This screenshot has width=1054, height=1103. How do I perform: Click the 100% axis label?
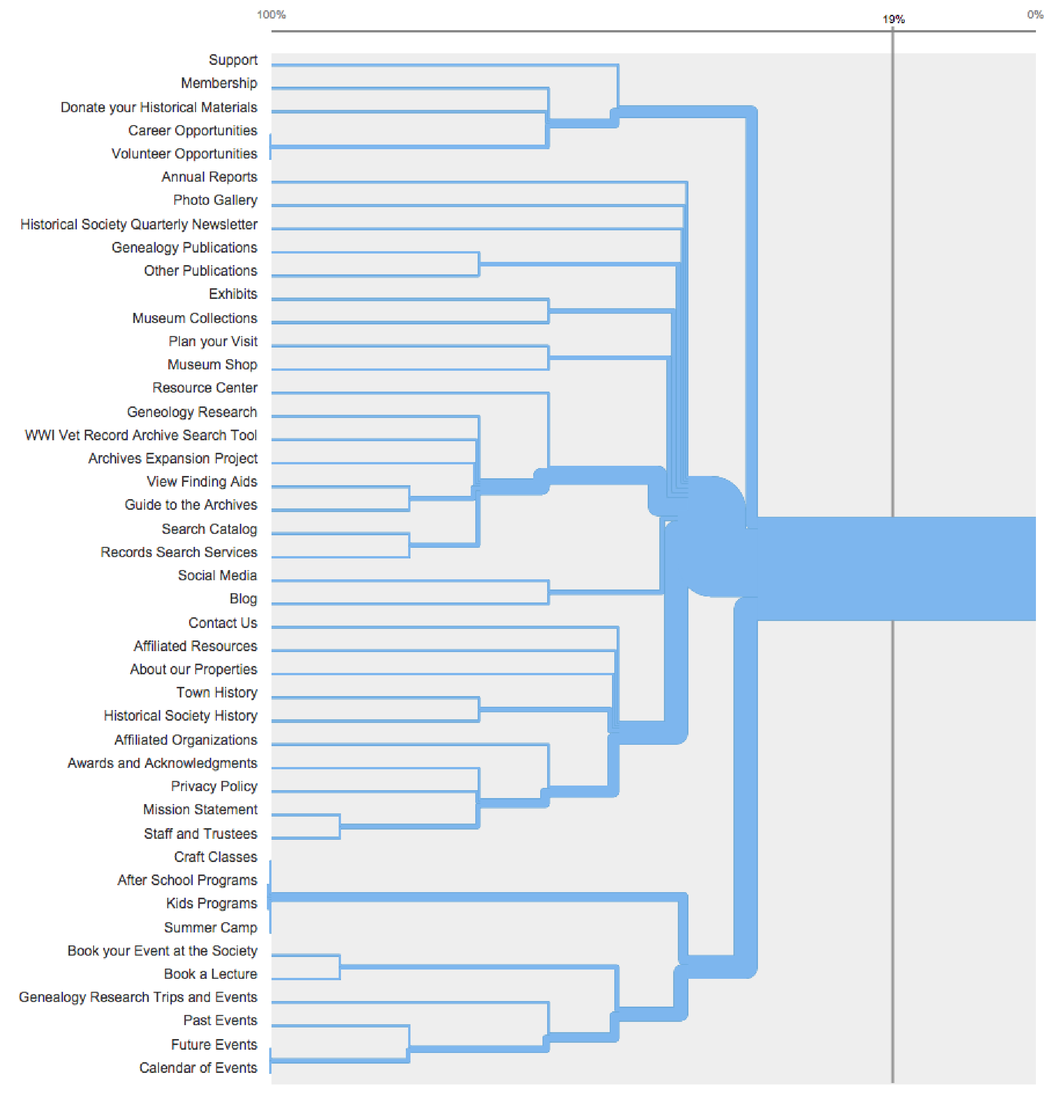271,15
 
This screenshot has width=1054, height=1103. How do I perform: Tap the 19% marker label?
893,19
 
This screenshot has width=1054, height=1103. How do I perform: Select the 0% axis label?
1035,15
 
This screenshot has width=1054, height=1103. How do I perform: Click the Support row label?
233,60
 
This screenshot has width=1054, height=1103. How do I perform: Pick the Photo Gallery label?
215,200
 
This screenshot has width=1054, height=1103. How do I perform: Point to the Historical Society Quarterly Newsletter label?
139,224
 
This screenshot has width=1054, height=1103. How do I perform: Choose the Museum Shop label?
212,365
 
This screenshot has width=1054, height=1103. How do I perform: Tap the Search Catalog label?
209,529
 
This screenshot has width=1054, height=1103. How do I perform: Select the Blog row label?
243,598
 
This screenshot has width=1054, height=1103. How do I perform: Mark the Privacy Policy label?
214,786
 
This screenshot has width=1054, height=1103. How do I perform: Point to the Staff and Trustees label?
200,833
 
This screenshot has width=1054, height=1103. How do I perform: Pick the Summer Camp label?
210,927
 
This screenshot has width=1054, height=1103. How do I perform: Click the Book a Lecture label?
210,974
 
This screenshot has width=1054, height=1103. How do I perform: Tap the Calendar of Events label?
198,1068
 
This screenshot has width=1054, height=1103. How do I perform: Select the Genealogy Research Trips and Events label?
138,997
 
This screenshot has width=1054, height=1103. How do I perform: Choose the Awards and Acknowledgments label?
162,763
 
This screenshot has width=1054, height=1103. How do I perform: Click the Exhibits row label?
233,294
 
